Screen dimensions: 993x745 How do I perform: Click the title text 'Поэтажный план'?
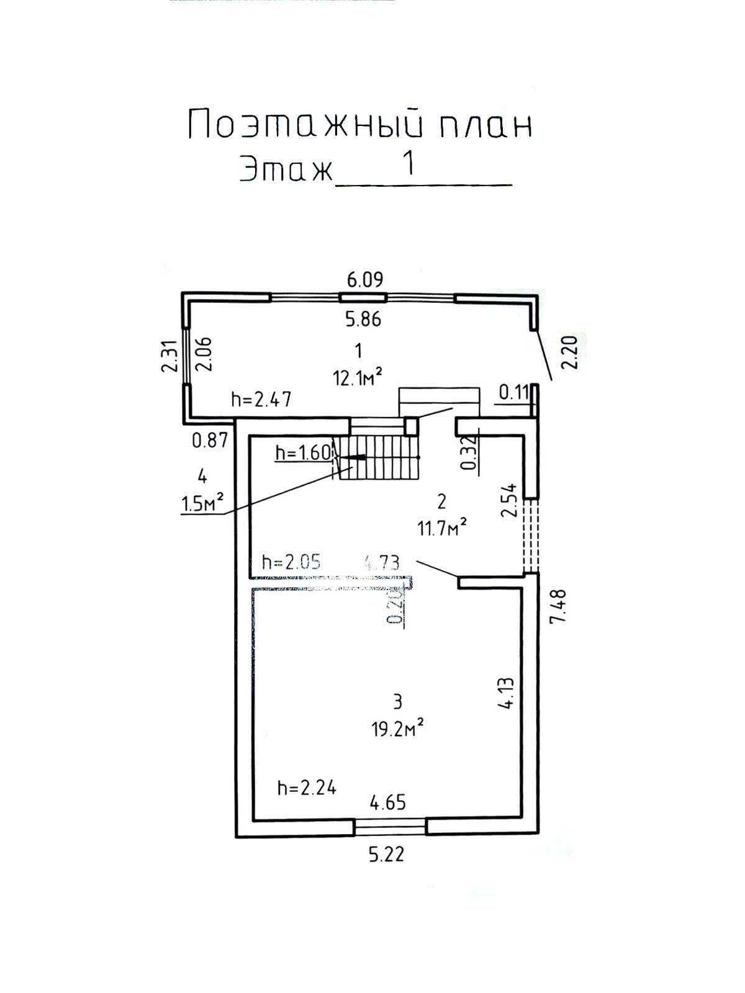tap(360, 124)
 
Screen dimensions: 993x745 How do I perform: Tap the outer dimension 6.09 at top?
tap(364, 279)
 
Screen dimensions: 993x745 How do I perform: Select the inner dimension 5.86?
tap(363, 319)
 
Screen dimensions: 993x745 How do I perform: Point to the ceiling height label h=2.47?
tap(261, 399)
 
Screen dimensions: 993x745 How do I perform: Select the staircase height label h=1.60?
tap(303, 453)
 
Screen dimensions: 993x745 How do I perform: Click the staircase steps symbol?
tap(379, 457)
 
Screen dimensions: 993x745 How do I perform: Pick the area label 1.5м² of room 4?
tap(202, 503)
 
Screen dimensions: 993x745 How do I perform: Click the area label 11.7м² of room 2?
tap(442, 528)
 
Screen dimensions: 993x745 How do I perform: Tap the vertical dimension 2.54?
tap(509, 500)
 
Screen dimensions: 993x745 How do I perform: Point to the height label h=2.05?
tap(291, 562)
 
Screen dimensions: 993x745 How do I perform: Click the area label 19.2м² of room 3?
tap(397, 727)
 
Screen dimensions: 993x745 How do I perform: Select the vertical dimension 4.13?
tap(507, 693)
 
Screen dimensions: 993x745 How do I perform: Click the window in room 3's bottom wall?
tap(390, 825)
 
